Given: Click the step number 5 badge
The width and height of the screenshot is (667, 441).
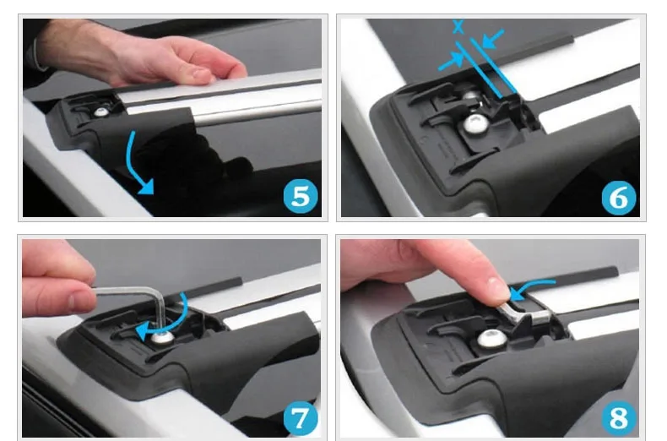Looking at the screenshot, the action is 301,196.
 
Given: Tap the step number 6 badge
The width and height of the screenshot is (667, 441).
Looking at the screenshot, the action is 619,198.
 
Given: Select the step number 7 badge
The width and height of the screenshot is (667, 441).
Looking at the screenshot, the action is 301,418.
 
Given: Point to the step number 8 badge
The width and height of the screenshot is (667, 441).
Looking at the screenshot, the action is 619,418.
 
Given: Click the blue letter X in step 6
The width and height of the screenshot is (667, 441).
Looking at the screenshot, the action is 458,27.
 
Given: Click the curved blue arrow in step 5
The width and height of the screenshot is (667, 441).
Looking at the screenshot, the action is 131,164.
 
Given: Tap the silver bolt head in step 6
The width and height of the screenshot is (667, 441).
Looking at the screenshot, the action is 476,124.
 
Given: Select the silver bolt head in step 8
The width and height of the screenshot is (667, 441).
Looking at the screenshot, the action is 492,339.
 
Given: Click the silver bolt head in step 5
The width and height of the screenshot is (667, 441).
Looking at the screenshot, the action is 101,112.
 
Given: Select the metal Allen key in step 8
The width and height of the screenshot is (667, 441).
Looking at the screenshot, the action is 524,313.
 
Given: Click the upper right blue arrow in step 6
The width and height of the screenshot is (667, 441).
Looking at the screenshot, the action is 491,38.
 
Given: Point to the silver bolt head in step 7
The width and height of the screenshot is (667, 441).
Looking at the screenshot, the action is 162,338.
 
